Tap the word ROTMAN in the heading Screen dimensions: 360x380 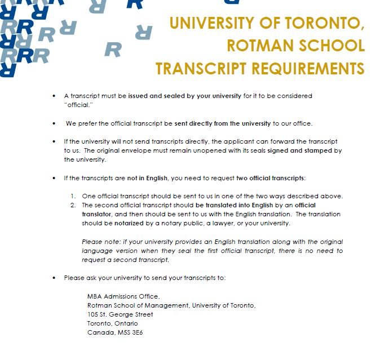[x=256, y=46]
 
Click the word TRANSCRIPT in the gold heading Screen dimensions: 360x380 [x=195, y=68]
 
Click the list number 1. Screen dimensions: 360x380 [x=73, y=195]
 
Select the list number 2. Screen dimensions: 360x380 [x=73, y=205]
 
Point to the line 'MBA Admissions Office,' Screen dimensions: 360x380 [x=123, y=296]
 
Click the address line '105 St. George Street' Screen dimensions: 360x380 [x=120, y=314]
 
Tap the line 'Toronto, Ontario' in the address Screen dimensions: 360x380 [x=113, y=323]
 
